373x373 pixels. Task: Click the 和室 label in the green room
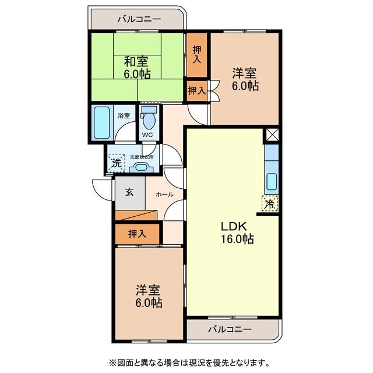click(138, 60)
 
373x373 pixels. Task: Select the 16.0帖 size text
click(236, 240)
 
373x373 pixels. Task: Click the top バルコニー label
click(138, 19)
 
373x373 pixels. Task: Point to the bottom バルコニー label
click(231, 329)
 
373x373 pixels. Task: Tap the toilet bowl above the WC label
click(149, 121)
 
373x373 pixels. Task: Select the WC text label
click(147, 136)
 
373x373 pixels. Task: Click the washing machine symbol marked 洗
click(117, 163)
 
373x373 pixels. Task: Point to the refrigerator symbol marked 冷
click(269, 204)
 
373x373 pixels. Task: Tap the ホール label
click(164, 194)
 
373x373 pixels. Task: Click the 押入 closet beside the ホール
click(137, 234)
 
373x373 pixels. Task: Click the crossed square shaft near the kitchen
click(272, 134)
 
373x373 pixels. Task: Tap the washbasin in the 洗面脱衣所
click(141, 167)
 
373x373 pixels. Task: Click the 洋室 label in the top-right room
click(245, 73)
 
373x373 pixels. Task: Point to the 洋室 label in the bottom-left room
click(149, 290)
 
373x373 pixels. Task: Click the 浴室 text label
click(123, 115)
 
